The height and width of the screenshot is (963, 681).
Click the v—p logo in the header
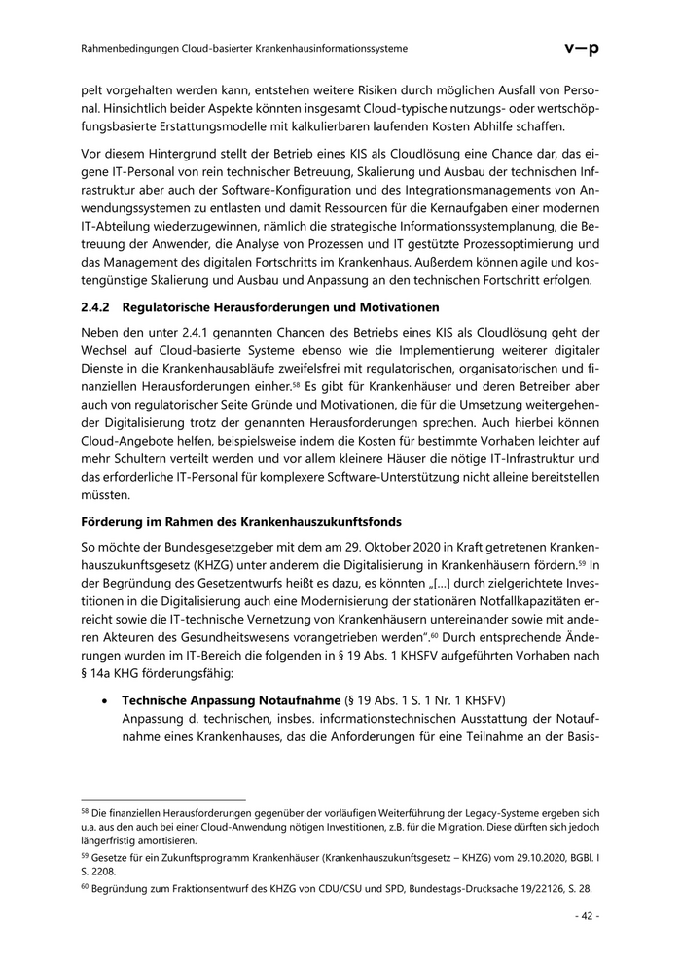(x=582, y=48)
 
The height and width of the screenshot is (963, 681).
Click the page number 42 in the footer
(x=587, y=915)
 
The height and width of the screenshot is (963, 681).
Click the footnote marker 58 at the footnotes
(x=85, y=810)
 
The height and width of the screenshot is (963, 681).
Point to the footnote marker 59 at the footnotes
(x=85, y=857)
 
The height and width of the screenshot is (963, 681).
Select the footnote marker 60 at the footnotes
(x=85, y=889)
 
